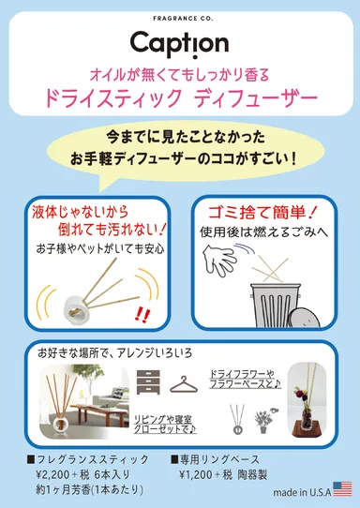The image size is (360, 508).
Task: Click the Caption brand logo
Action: (180, 42)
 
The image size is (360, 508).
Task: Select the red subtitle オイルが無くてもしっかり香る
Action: (179, 71)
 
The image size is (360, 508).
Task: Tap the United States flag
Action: (342, 488)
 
